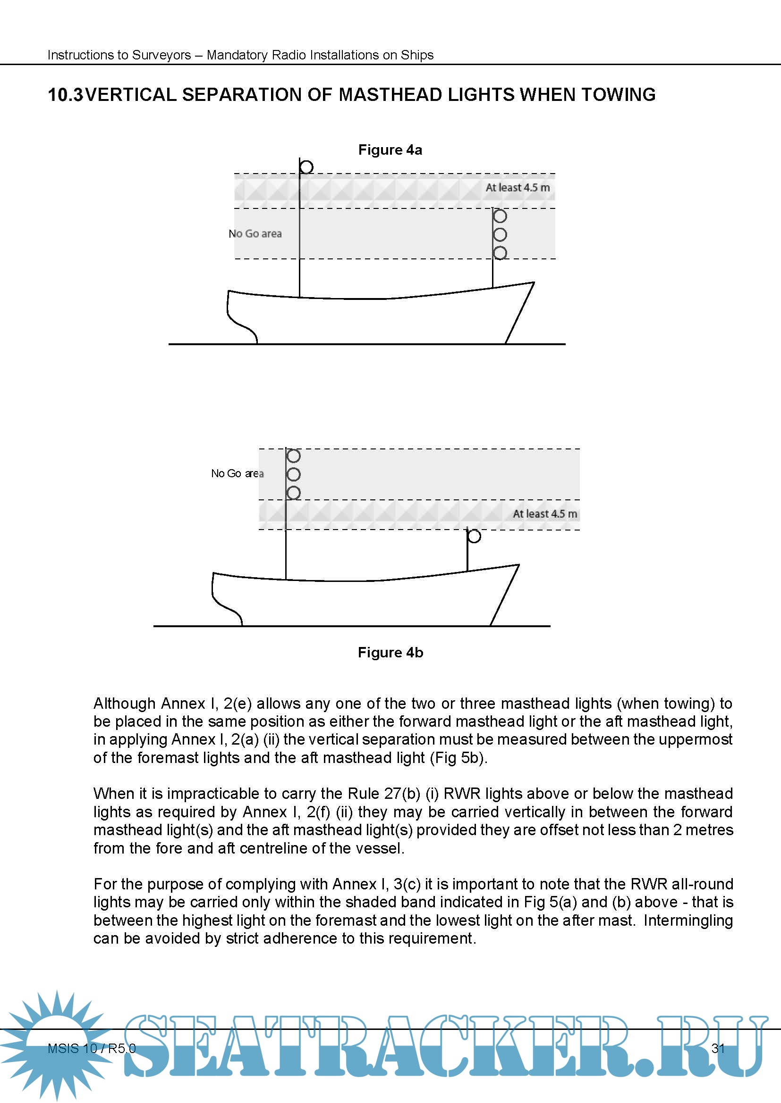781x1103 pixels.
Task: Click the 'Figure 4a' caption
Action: pyautogui.click(x=390, y=150)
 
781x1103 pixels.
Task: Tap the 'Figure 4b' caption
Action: pyautogui.click(x=390, y=652)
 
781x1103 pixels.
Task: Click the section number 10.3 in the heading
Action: pyautogui.click(x=66, y=95)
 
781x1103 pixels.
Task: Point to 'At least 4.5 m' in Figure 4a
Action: pyautogui.click(x=518, y=188)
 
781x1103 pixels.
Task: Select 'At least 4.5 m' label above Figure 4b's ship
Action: pyautogui.click(x=545, y=514)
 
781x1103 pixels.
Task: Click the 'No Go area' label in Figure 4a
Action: pyautogui.click(x=255, y=234)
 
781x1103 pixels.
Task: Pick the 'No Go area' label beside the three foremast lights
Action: pyautogui.click(x=237, y=473)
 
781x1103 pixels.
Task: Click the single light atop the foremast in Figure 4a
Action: pyautogui.click(x=306, y=166)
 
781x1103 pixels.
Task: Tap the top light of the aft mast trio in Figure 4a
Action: pyautogui.click(x=500, y=216)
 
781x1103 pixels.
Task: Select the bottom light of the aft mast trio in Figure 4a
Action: pyautogui.click(x=500, y=253)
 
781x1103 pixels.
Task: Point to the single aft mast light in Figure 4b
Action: pyautogui.click(x=474, y=536)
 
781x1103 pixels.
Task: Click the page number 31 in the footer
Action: pyautogui.click(x=718, y=1048)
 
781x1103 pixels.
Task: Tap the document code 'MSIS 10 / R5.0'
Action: pyautogui.click(x=92, y=1048)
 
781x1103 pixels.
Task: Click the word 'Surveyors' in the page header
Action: pyautogui.click(x=161, y=55)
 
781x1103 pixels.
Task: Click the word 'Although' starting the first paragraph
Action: pyautogui.click(x=125, y=704)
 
